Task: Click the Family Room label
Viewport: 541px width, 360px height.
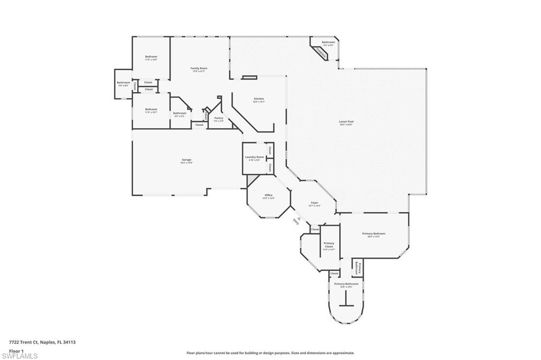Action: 199,68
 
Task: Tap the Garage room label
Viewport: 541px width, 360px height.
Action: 186,159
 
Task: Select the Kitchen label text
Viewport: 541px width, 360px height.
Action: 259,99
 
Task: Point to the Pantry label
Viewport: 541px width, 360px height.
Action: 219,118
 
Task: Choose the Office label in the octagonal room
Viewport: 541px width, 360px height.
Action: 269,195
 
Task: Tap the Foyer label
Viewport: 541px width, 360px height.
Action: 314,203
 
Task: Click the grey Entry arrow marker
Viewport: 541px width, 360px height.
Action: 299,219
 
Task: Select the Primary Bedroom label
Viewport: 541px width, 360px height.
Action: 374,234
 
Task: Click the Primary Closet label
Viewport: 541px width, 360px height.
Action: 329,245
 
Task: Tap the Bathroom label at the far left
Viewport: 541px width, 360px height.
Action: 123,83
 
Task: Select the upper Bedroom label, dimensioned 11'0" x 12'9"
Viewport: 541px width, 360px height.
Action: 151,57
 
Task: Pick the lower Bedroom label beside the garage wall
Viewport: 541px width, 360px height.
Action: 151,110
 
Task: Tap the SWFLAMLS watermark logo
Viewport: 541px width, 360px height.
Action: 20,355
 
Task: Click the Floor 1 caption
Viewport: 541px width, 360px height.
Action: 16,350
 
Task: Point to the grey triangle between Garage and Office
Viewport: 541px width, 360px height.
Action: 249,180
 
